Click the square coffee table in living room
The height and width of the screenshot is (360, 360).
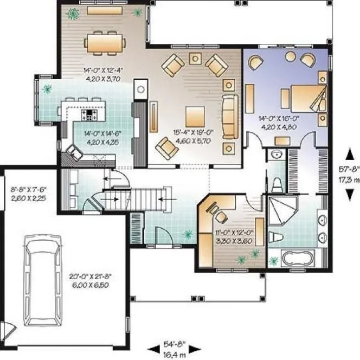195,115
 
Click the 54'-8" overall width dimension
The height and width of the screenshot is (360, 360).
175,346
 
